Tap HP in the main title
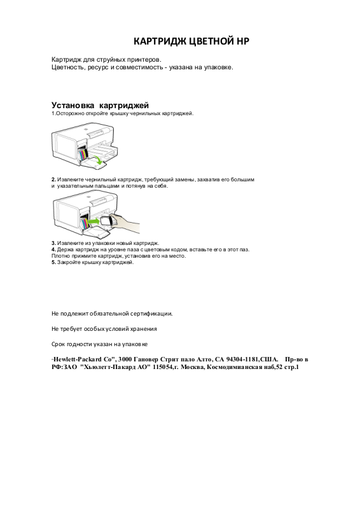tap(243, 41)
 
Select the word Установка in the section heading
tap(73, 105)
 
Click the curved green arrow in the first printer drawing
tap(97, 158)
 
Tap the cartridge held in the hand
tap(107, 221)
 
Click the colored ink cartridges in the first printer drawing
tap(83, 153)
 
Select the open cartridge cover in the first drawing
tap(93, 165)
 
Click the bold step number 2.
tap(53, 179)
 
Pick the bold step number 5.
tap(53, 263)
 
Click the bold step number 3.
tap(53, 243)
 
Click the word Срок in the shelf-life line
tap(58, 344)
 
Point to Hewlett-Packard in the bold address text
tap(78, 359)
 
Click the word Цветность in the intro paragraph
tap(68, 67)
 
